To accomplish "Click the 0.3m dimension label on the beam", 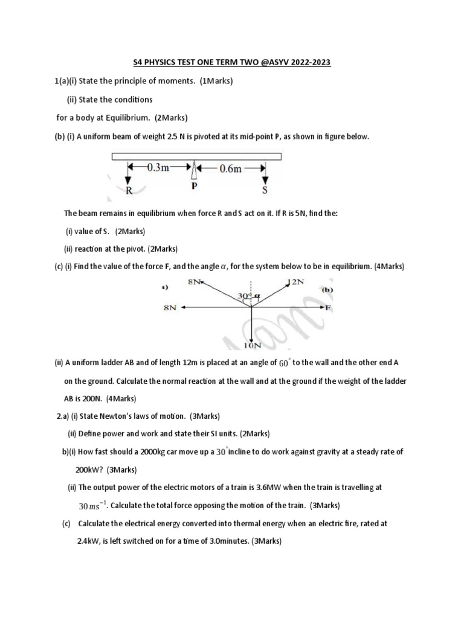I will [159, 169].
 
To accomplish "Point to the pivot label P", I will [194, 187].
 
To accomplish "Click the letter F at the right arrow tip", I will [329, 308].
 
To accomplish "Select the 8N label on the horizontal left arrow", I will [170, 308].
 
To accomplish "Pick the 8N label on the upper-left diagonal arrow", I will [195, 282].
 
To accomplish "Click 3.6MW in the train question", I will [304, 486].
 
